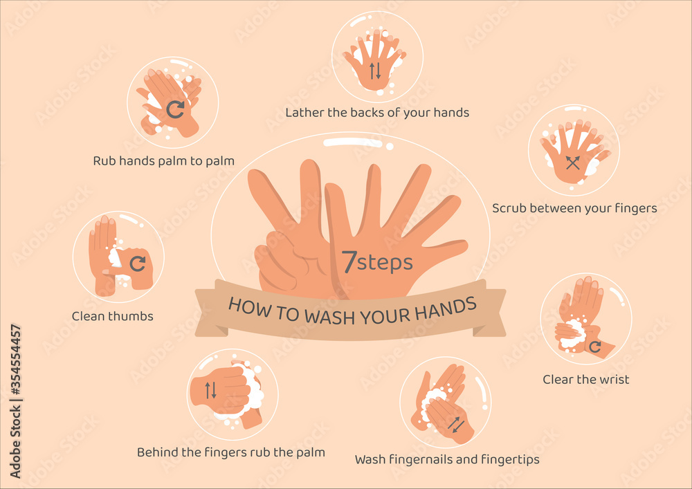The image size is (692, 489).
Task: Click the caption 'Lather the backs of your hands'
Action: click(x=377, y=112)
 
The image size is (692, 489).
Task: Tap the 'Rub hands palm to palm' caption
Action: click(x=163, y=161)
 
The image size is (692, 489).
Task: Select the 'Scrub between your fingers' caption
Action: click(x=574, y=207)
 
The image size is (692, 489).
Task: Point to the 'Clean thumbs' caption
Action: click(x=112, y=316)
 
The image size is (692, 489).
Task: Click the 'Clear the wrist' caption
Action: click(x=585, y=379)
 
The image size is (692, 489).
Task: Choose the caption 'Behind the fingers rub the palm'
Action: click(x=230, y=452)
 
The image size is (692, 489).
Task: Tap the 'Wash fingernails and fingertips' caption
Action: click(x=447, y=459)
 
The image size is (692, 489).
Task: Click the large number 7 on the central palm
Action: click(x=349, y=261)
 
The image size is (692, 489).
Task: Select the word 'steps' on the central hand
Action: click(x=385, y=263)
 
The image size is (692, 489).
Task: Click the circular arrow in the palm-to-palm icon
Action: click(x=174, y=108)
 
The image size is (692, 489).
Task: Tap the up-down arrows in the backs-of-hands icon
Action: click(x=374, y=70)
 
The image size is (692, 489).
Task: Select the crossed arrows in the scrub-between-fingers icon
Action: click(x=572, y=163)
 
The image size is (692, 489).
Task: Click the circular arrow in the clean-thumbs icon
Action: click(x=138, y=263)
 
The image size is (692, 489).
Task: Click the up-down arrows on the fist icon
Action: click(x=210, y=390)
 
